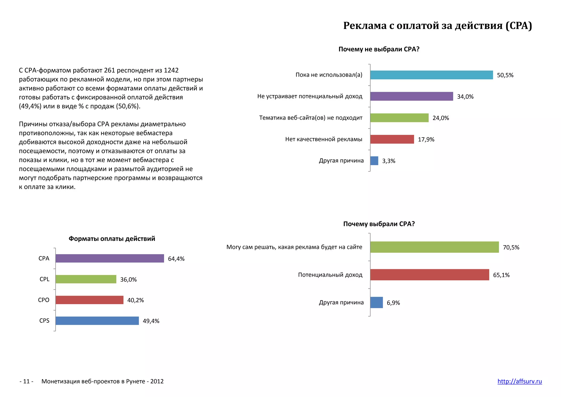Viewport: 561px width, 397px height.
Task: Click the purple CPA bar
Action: [x=110, y=258]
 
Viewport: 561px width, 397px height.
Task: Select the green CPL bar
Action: [x=86, y=279]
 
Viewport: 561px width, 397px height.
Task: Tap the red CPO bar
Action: [x=89, y=300]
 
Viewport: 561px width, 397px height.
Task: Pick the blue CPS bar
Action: [x=97, y=321]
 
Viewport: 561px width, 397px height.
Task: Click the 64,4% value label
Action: [x=176, y=259]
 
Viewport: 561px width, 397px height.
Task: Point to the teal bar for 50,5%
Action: [x=431, y=75]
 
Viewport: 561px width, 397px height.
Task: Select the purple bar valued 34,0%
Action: [x=411, y=96]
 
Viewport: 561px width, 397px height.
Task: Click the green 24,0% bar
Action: [x=399, y=118]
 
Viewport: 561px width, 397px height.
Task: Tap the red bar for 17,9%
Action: [x=392, y=139]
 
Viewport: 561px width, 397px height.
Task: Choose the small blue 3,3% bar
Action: [x=374, y=161]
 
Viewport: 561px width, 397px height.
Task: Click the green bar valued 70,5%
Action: [x=434, y=247]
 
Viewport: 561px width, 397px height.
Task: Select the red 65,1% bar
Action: [x=430, y=275]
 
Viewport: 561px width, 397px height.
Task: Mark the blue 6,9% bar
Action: [x=376, y=302]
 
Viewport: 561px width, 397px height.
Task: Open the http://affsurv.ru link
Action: [x=519, y=381]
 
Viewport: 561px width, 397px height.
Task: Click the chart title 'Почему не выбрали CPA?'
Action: [x=379, y=49]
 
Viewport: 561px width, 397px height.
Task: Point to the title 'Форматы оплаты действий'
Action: [x=112, y=239]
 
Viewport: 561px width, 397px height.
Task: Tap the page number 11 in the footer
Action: [x=26, y=381]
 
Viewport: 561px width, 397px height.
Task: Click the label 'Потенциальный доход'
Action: [x=330, y=275]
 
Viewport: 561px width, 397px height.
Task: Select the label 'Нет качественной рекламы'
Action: [x=324, y=139]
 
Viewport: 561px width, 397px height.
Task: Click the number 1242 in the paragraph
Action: [x=171, y=70]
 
